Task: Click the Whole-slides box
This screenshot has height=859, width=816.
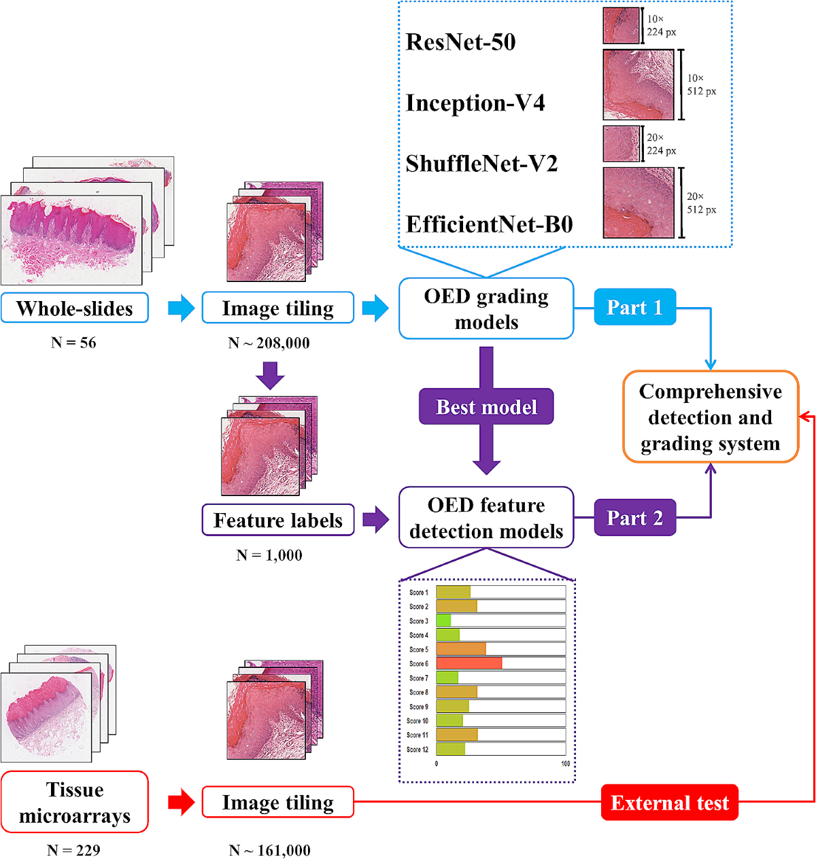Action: [x=75, y=308]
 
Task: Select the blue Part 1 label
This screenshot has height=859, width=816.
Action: [x=634, y=307]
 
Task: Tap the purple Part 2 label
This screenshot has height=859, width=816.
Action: [x=634, y=518]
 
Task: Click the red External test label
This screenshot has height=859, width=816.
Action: [x=669, y=803]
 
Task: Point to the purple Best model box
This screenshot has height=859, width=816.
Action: [x=486, y=406]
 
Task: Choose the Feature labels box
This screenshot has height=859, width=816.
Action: [x=278, y=520]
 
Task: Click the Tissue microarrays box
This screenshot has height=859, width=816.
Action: [x=75, y=802]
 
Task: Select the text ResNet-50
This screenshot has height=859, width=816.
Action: [x=460, y=42]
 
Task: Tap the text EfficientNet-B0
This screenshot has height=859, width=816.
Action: [x=489, y=224]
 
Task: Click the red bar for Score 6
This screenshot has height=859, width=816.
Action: [x=469, y=663]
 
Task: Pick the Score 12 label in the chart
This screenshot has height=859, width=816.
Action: [x=418, y=750]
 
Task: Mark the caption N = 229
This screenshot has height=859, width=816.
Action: [x=73, y=850]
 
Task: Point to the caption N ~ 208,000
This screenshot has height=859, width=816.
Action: [x=269, y=343]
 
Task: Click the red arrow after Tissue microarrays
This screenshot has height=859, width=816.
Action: [x=181, y=802]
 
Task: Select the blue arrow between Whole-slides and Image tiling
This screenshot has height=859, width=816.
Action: [x=181, y=308]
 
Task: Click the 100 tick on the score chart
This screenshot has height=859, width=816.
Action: [x=565, y=764]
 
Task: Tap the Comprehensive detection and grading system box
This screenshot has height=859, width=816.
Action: [x=711, y=417]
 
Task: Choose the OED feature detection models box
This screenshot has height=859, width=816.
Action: [x=486, y=518]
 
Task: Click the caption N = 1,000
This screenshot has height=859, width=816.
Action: [x=269, y=555]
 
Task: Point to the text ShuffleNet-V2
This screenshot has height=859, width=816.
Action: [x=481, y=164]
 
